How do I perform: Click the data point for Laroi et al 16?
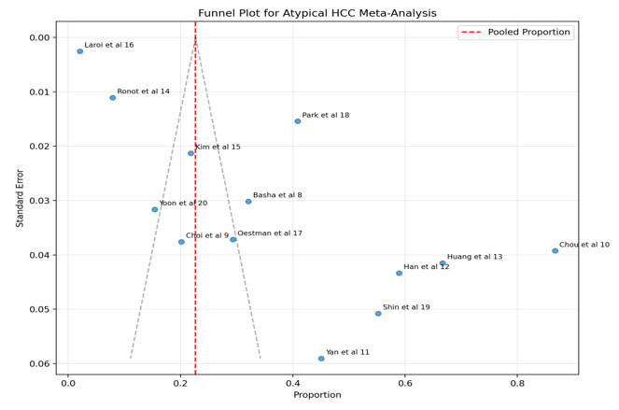tap(80, 51)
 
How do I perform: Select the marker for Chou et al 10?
tap(555, 250)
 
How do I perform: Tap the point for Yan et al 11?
tap(321, 358)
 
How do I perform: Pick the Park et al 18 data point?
tap(298, 121)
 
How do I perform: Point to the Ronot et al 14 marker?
tap(112, 97)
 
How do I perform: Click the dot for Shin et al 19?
tap(378, 314)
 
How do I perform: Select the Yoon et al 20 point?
tap(155, 209)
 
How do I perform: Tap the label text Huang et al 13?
tap(474, 257)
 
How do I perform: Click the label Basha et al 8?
tap(277, 195)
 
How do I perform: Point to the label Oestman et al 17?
tap(270, 233)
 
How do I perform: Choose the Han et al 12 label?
tap(427, 266)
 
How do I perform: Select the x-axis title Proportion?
tap(317, 395)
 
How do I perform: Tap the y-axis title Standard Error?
tap(20, 198)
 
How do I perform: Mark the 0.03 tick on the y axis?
tap(42, 201)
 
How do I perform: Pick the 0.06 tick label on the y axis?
tap(42, 363)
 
